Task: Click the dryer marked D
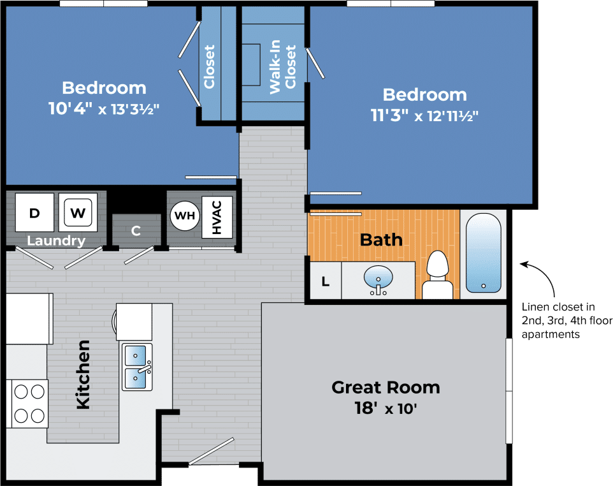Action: tap(35, 212)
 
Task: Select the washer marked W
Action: tap(78, 212)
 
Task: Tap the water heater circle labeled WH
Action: tap(185, 216)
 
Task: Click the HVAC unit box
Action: tap(217, 217)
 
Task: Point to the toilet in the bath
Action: tap(437, 276)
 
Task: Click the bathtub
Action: tap(484, 253)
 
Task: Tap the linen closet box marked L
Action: tap(326, 281)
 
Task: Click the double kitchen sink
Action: tap(138, 367)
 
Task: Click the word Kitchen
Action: tap(83, 374)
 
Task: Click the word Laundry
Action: tap(56, 241)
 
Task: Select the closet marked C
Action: tap(136, 231)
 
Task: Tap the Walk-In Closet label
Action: tap(283, 69)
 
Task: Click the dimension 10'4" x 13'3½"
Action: tap(103, 108)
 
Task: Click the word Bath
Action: tap(381, 240)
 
